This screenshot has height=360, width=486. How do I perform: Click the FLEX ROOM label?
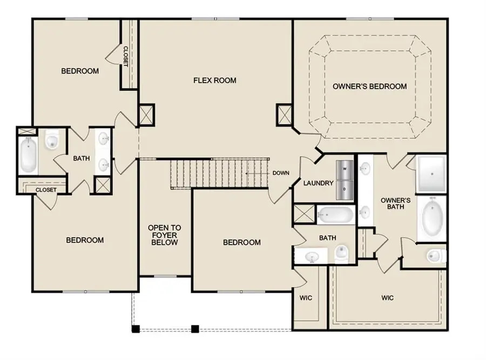[215, 81]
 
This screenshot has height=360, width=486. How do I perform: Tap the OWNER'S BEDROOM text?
[369, 86]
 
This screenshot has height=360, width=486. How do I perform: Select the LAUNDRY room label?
[318, 183]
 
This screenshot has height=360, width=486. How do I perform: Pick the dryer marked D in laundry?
[345, 188]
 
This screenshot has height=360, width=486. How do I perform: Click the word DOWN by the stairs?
[281, 173]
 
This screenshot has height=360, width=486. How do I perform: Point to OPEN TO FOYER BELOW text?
[165, 235]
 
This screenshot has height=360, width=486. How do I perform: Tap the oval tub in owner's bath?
[431, 220]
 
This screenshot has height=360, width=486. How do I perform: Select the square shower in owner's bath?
[431, 174]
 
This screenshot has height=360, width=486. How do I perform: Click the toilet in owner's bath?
[435, 255]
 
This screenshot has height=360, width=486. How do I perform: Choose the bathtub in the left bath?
[28, 154]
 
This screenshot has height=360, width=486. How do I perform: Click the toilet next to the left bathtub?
[52, 141]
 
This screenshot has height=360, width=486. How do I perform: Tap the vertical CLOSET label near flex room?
[126, 56]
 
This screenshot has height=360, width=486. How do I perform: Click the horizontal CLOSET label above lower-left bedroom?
[46, 190]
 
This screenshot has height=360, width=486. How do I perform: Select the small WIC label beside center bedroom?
[306, 298]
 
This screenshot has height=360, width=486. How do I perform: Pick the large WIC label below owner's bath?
[387, 298]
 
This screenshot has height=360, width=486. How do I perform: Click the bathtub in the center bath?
[335, 215]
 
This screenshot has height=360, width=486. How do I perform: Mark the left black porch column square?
[136, 328]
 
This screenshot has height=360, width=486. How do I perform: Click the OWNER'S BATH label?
[396, 203]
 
